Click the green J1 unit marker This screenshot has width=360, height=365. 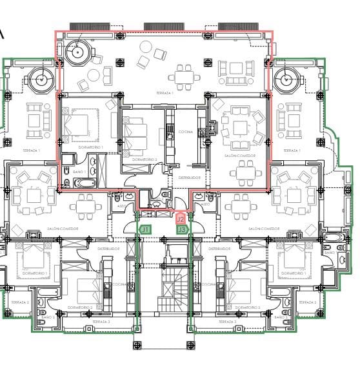point(145,229)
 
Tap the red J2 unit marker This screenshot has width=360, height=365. point(181,220)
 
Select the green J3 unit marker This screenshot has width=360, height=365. point(182,229)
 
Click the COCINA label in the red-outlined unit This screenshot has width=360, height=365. point(186,131)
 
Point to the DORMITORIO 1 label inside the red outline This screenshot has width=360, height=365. point(90,147)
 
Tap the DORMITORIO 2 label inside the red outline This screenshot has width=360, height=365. point(145,158)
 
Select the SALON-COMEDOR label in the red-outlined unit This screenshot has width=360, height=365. point(239,156)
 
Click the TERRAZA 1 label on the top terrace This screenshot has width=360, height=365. point(165,93)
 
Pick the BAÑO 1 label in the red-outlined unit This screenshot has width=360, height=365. point(79,172)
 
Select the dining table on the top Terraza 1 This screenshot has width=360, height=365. point(188,76)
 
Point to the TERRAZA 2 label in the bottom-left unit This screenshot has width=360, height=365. point(19,302)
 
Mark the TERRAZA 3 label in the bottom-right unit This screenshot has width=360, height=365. point(228,321)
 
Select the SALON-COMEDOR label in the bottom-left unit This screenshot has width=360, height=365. point(63,229)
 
